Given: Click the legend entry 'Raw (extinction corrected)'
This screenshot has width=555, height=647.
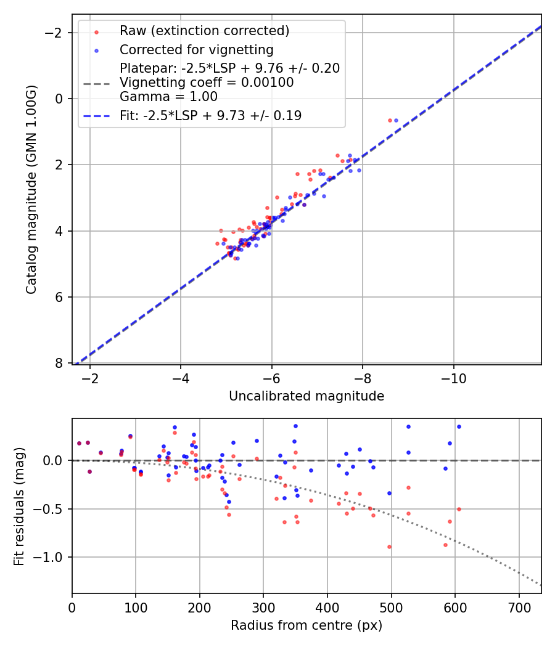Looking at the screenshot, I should click(204, 31).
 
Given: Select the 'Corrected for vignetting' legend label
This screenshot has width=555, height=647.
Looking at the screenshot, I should click(196, 49).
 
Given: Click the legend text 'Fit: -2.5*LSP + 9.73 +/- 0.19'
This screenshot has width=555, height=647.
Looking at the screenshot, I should click(210, 115).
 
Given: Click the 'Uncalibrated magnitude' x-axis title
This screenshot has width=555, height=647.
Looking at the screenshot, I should click(306, 396).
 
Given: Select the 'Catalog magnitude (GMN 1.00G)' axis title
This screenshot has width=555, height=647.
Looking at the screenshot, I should click(31, 189).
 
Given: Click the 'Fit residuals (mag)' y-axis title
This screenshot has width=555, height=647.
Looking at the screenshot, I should click(19, 506).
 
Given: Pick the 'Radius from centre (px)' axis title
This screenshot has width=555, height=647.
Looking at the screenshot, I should click(306, 625).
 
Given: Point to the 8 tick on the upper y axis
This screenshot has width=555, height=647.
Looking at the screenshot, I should click(61, 364).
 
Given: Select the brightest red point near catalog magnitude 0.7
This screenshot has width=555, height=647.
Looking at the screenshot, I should click(390, 120).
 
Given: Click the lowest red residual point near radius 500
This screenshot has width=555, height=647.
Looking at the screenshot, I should click(389, 547).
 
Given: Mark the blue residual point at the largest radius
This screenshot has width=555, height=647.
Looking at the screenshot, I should click(459, 426).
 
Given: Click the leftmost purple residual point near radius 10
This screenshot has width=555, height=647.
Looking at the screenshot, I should click(79, 443).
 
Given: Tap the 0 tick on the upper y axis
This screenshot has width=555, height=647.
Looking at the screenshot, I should click(61, 99).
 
